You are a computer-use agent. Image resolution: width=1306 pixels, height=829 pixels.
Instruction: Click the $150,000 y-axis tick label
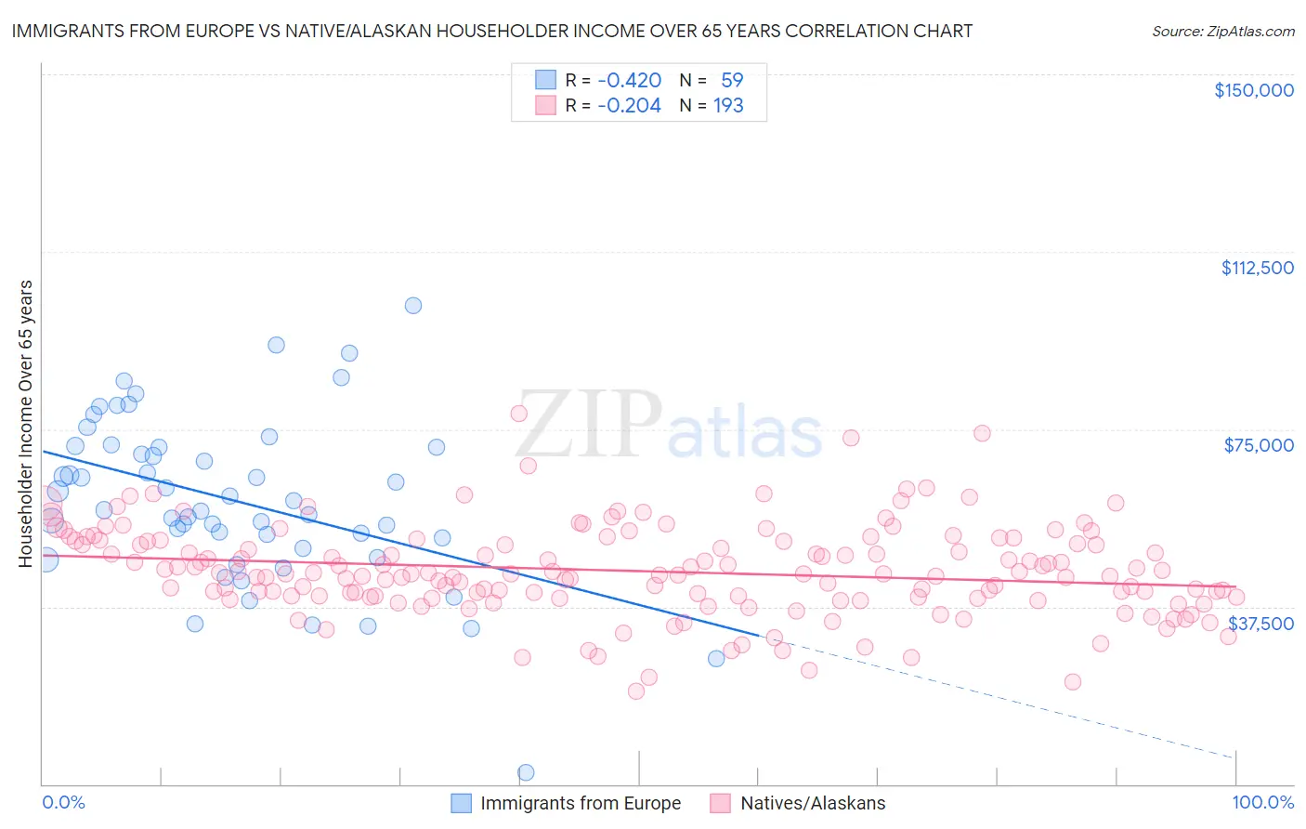click(1253, 90)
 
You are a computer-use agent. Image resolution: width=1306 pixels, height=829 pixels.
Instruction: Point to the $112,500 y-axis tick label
click(1257, 268)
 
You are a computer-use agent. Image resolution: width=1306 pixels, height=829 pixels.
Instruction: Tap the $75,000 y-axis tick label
click(1259, 445)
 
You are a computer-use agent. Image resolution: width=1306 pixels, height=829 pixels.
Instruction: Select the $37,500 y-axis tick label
click(1260, 624)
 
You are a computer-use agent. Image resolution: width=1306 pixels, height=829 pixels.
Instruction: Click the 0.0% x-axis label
click(63, 802)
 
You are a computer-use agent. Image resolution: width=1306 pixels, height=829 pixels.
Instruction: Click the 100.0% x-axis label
click(1262, 802)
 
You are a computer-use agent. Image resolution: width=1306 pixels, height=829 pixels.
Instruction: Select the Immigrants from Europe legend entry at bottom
click(566, 803)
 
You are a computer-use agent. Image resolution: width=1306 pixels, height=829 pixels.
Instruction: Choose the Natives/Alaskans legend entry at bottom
click(798, 803)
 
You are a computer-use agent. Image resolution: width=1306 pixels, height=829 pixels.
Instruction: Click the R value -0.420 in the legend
click(629, 80)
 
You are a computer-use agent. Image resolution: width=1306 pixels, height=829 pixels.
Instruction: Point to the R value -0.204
click(629, 105)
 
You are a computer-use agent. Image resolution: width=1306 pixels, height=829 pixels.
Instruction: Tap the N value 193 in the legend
click(728, 105)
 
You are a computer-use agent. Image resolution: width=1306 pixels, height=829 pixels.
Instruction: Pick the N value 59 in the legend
click(732, 80)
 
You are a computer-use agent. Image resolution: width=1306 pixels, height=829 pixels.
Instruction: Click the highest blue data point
click(413, 306)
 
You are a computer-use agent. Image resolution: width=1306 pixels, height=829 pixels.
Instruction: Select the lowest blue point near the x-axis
click(526, 772)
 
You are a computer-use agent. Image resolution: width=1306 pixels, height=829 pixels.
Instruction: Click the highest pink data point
click(519, 414)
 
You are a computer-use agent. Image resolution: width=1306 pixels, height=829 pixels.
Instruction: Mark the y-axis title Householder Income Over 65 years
click(26, 423)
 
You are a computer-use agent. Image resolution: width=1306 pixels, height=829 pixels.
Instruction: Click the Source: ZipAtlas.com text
click(1222, 31)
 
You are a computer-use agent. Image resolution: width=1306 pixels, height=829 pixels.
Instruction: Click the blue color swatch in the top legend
click(545, 80)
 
